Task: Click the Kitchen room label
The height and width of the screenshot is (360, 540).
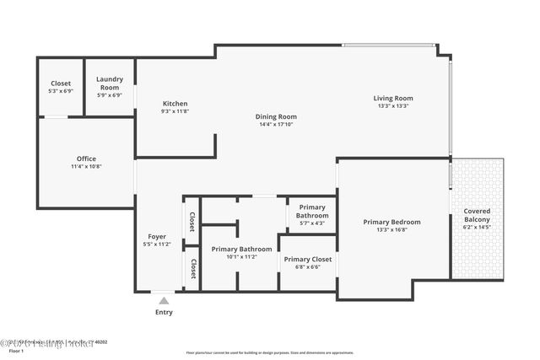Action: coord(175,104)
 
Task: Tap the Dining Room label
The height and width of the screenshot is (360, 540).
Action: coord(277,116)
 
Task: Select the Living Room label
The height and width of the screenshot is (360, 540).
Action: coord(393,98)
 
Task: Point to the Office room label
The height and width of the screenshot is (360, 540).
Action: coord(86,159)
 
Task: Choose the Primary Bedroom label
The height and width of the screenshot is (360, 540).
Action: coord(391,222)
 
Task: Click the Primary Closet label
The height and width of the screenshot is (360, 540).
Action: coord(307,259)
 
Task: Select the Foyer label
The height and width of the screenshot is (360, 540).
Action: coord(157,237)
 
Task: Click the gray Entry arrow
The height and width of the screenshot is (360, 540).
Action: coord(164,299)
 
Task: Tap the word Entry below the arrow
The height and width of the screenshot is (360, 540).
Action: coord(164,312)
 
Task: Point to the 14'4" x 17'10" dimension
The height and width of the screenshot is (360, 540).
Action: coord(277,125)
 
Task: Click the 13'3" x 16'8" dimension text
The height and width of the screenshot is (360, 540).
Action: coord(391,230)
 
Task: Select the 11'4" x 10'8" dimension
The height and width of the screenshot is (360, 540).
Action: coord(86,167)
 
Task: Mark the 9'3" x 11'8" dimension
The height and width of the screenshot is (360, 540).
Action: coord(175,111)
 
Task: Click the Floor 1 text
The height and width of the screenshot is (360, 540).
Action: coord(15,351)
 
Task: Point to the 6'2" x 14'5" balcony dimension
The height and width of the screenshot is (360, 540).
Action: coord(477,227)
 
